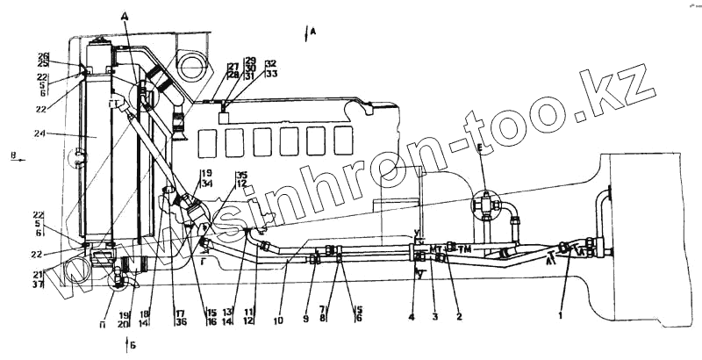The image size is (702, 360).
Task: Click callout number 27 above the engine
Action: tap(233, 67)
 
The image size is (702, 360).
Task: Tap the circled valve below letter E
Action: tap(484, 204)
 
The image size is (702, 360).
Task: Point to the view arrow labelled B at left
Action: tap(11, 156)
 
